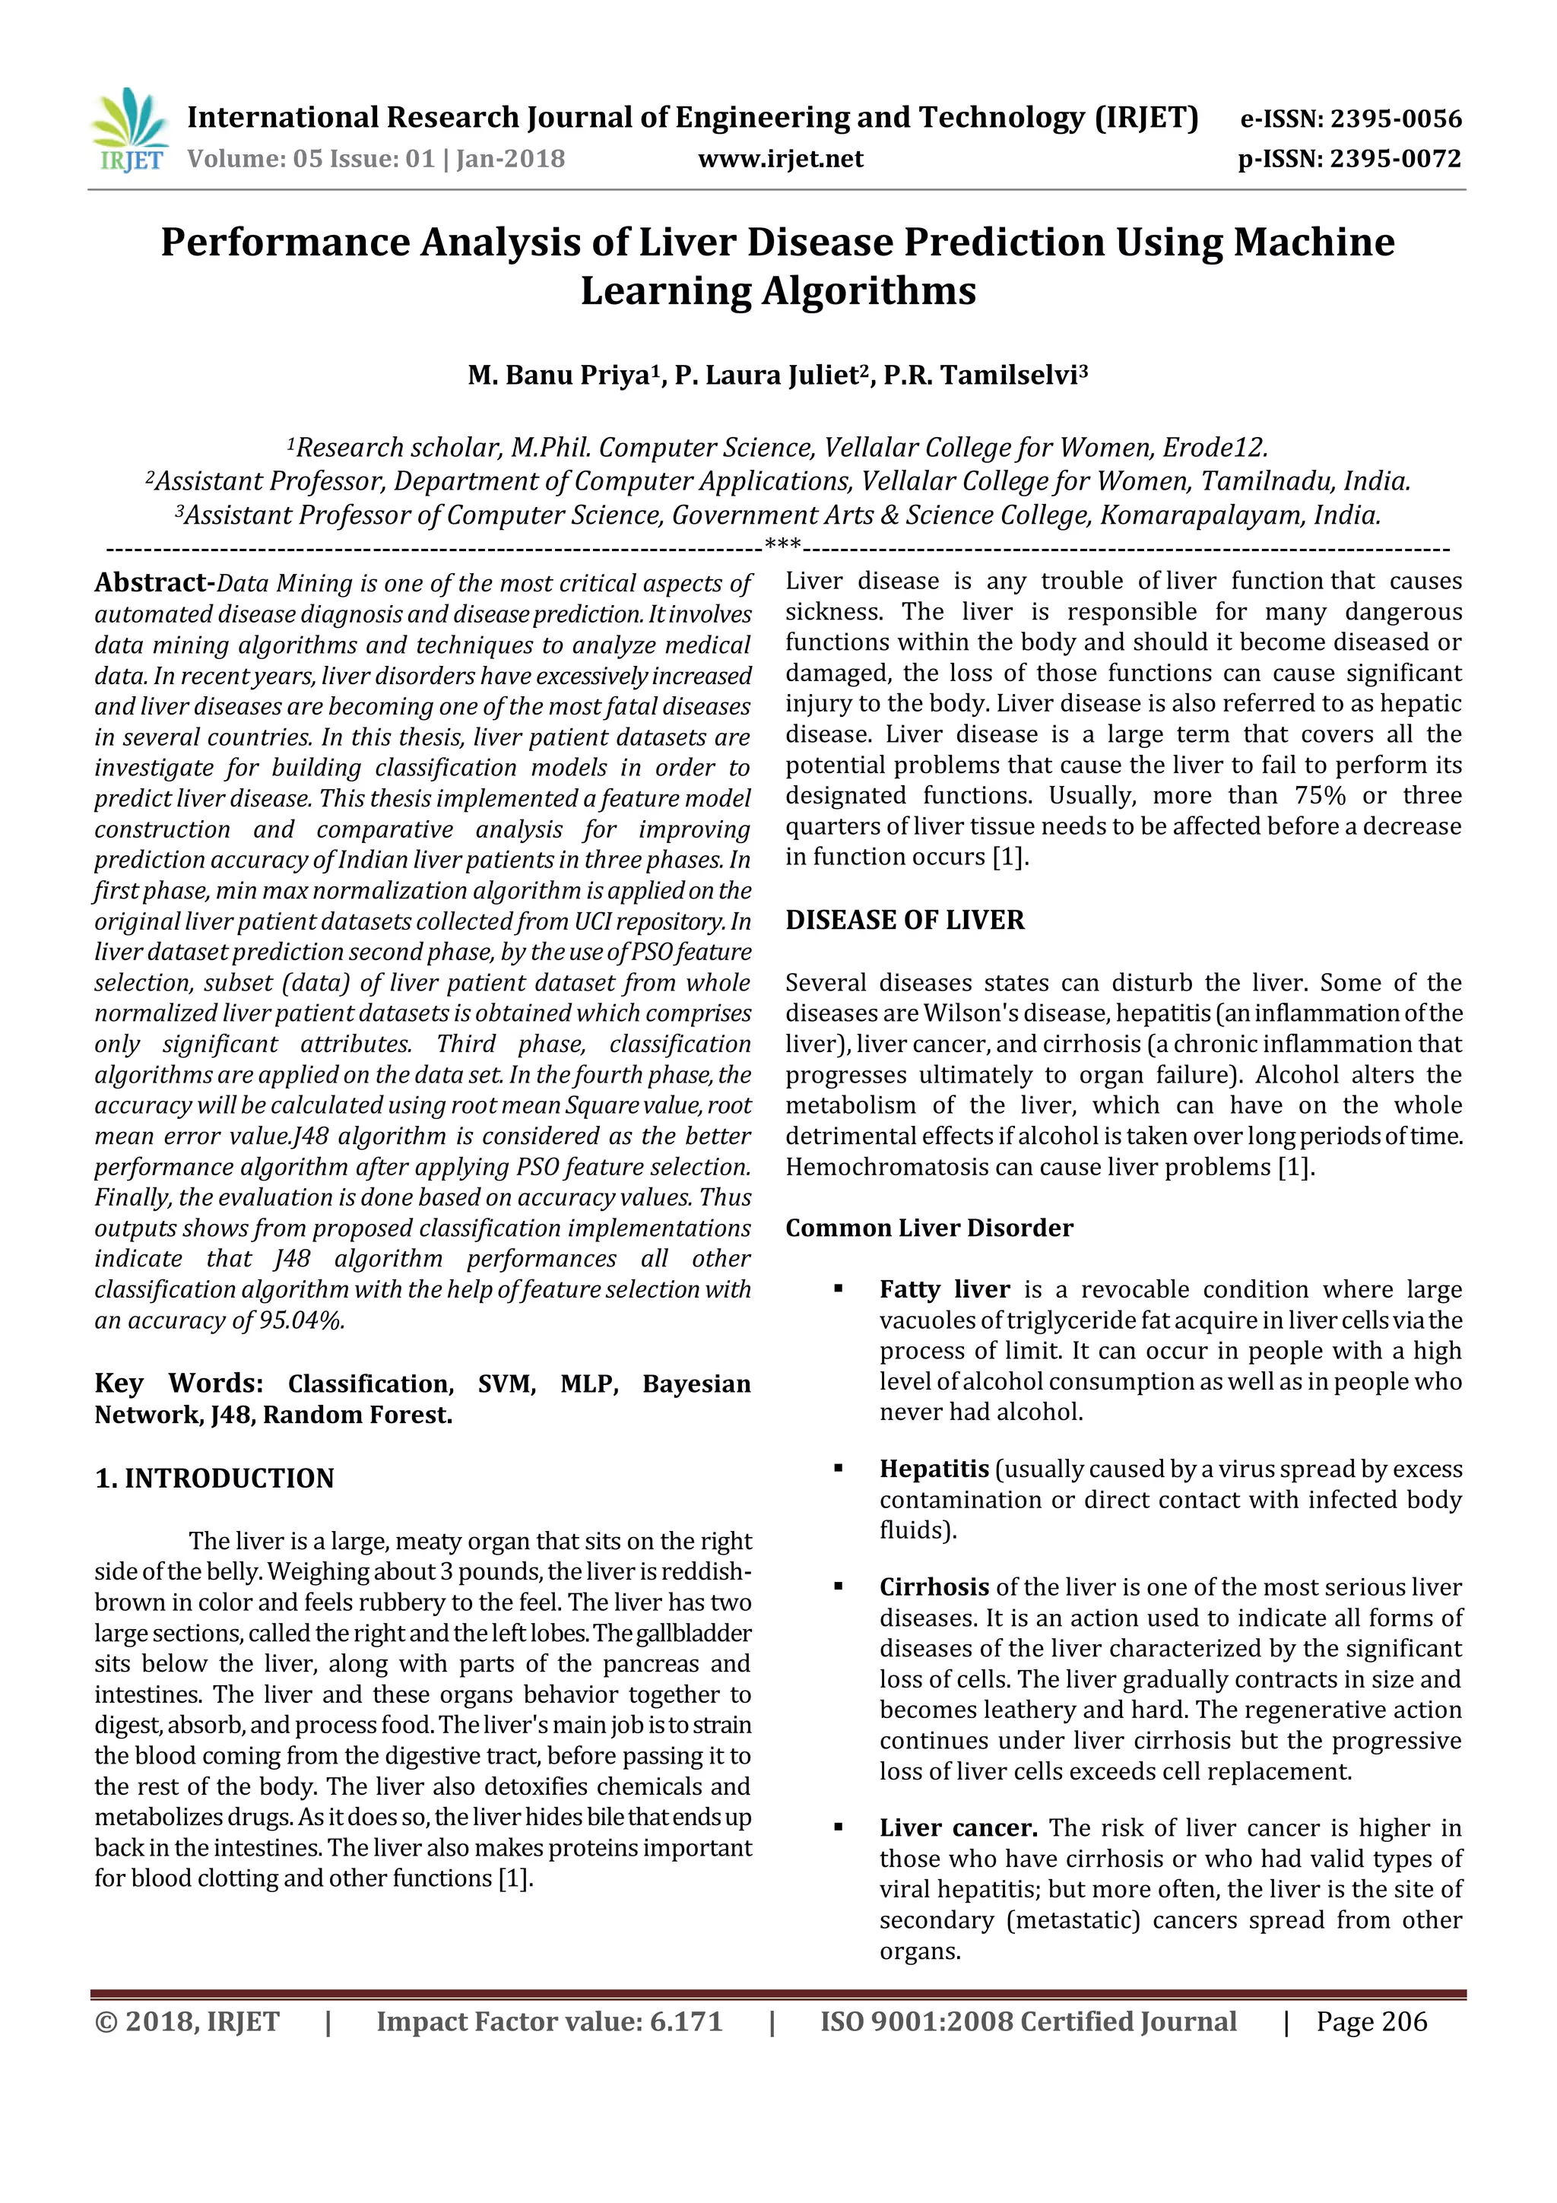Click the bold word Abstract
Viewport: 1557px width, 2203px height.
pyautogui.click(x=153, y=582)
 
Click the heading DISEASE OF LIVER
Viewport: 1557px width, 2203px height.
pyautogui.click(x=905, y=920)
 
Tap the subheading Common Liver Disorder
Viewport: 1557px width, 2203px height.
pyautogui.click(x=928, y=1228)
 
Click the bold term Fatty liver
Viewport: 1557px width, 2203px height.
pyautogui.click(x=944, y=1289)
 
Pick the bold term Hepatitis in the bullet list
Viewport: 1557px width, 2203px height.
pyautogui.click(x=934, y=1469)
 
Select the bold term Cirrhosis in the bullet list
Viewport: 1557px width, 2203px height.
pyautogui.click(x=934, y=1587)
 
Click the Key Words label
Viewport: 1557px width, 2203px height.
pyautogui.click(x=179, y=1384)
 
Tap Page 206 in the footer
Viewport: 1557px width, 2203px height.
pyautogui.click(x=1371, y=2021)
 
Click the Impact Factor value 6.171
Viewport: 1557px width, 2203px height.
pyautogui.click(x=685, y=2021)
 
